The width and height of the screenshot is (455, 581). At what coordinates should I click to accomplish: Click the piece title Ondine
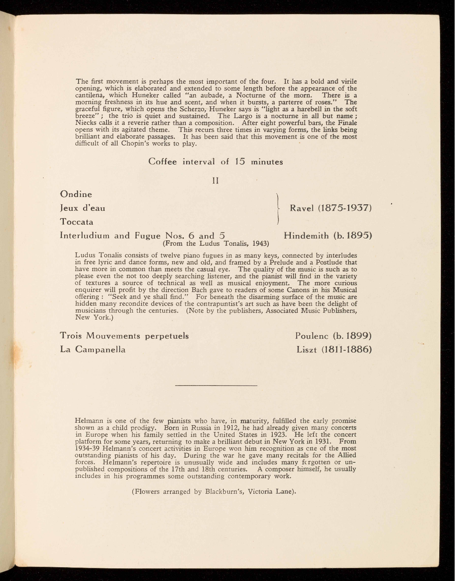point(76,194)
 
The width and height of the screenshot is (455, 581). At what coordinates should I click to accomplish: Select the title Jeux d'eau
point(83,208)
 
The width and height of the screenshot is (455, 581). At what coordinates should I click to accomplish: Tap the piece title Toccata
point(77,222)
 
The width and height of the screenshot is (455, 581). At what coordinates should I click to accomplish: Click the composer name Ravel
point(303,208)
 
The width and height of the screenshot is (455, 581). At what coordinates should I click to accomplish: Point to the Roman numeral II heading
point(215,180)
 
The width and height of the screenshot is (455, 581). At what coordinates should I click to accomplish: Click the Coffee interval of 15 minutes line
point(215,162)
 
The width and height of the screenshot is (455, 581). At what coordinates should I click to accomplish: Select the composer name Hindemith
point(307,235)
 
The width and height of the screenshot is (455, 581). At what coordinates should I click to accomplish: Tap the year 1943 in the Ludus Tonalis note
point(260,243)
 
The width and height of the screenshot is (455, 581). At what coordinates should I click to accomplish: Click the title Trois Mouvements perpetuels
point(124,336)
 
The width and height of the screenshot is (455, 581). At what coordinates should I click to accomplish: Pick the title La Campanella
point(93,349)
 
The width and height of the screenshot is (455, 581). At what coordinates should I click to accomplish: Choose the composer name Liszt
point(307,349)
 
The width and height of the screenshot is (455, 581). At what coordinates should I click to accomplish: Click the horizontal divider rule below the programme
point(215,385)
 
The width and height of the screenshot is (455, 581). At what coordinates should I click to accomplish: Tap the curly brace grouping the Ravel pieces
point(278,208)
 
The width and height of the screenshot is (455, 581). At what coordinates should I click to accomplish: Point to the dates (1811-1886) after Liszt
point(347,349)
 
